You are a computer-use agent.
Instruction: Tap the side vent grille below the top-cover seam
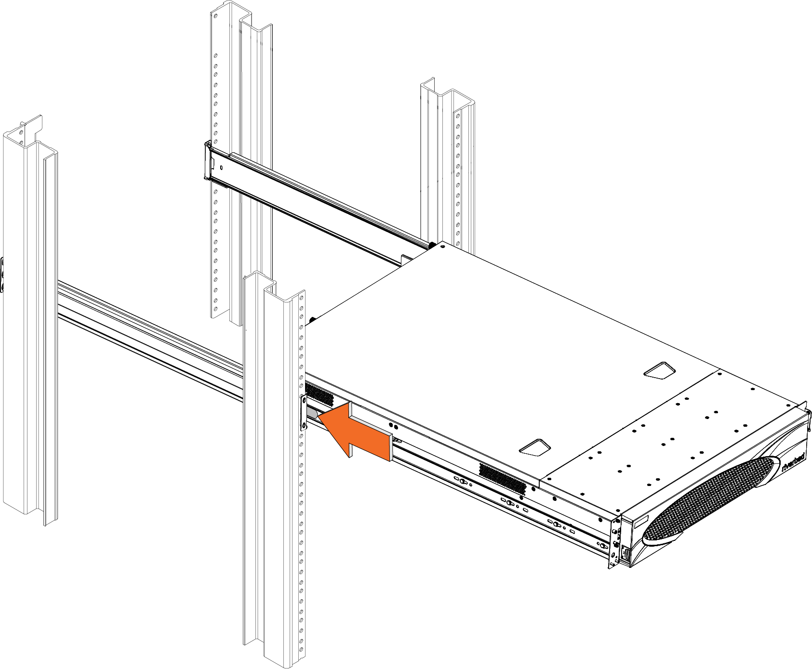coord(502,477)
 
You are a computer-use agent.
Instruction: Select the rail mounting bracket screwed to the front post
coord(304,412)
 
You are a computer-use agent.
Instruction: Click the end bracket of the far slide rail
coord(209,161)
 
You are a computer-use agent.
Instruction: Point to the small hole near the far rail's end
coord(221,168)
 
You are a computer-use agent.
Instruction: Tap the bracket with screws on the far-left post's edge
coord(2,275)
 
